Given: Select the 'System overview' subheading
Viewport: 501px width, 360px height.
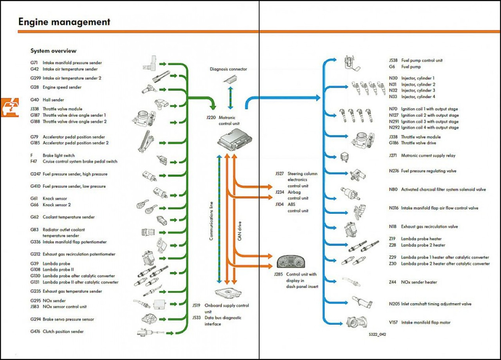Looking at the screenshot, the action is coord(54,51).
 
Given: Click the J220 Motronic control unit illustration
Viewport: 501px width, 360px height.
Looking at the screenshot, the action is coord(234,139).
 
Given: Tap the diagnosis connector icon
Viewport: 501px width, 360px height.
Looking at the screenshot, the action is coord(231,79).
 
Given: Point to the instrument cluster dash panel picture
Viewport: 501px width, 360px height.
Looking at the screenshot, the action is coord(291,261).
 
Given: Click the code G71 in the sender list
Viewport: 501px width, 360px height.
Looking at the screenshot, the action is coord(34,63).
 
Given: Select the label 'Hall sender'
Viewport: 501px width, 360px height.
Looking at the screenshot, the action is coord(53,100).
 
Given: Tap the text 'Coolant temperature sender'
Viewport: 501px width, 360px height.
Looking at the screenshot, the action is coord(68,217).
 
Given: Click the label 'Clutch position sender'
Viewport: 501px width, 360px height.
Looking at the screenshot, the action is coord(63,331).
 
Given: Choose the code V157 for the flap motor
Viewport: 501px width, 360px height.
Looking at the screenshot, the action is coord(393,322).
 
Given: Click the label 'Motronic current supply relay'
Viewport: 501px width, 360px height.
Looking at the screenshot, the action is coord(428,156).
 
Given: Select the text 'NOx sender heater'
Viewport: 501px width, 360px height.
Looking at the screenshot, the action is coord(419,282).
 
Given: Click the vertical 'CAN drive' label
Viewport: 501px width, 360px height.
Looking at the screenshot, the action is coord(240,231).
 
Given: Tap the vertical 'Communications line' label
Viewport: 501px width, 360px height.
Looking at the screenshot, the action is coord(211,221).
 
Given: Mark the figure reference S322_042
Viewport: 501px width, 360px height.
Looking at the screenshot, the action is coord(377,335).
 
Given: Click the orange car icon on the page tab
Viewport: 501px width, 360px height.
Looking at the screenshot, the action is coord(10,107).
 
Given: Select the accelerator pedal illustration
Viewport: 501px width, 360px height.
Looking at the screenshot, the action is coord(146,141).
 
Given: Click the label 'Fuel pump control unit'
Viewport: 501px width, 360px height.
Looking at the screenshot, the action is coord(422,60).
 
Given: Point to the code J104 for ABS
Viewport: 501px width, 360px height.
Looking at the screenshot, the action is coord(279,204).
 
